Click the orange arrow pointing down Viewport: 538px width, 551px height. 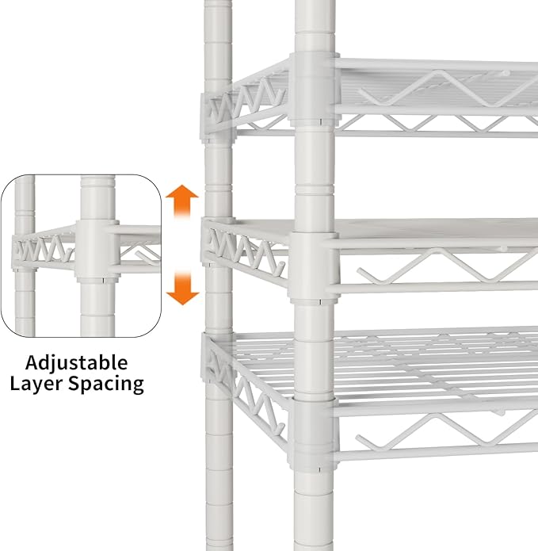tap(182, 288)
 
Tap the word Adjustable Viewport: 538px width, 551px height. tap(77, 362)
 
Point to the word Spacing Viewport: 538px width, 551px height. tap(105, 384)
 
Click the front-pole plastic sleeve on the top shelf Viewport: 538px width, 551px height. tap(314, 90)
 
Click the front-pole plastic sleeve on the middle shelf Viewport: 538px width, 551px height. tap(314, 267)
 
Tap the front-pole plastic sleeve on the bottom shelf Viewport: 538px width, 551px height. tap(313, 434)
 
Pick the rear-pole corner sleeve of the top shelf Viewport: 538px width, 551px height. tap(217, 117)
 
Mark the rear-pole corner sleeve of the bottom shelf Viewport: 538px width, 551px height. tap(216, 358)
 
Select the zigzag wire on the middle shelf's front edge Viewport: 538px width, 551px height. tap(447, 266)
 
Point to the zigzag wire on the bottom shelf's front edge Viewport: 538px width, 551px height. tap(446, 430)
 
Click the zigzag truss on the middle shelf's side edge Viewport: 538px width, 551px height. tap(246, 251)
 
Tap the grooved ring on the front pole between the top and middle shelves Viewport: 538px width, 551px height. tap(315, 189)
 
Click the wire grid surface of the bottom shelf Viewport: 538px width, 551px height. tap(387, 365)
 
